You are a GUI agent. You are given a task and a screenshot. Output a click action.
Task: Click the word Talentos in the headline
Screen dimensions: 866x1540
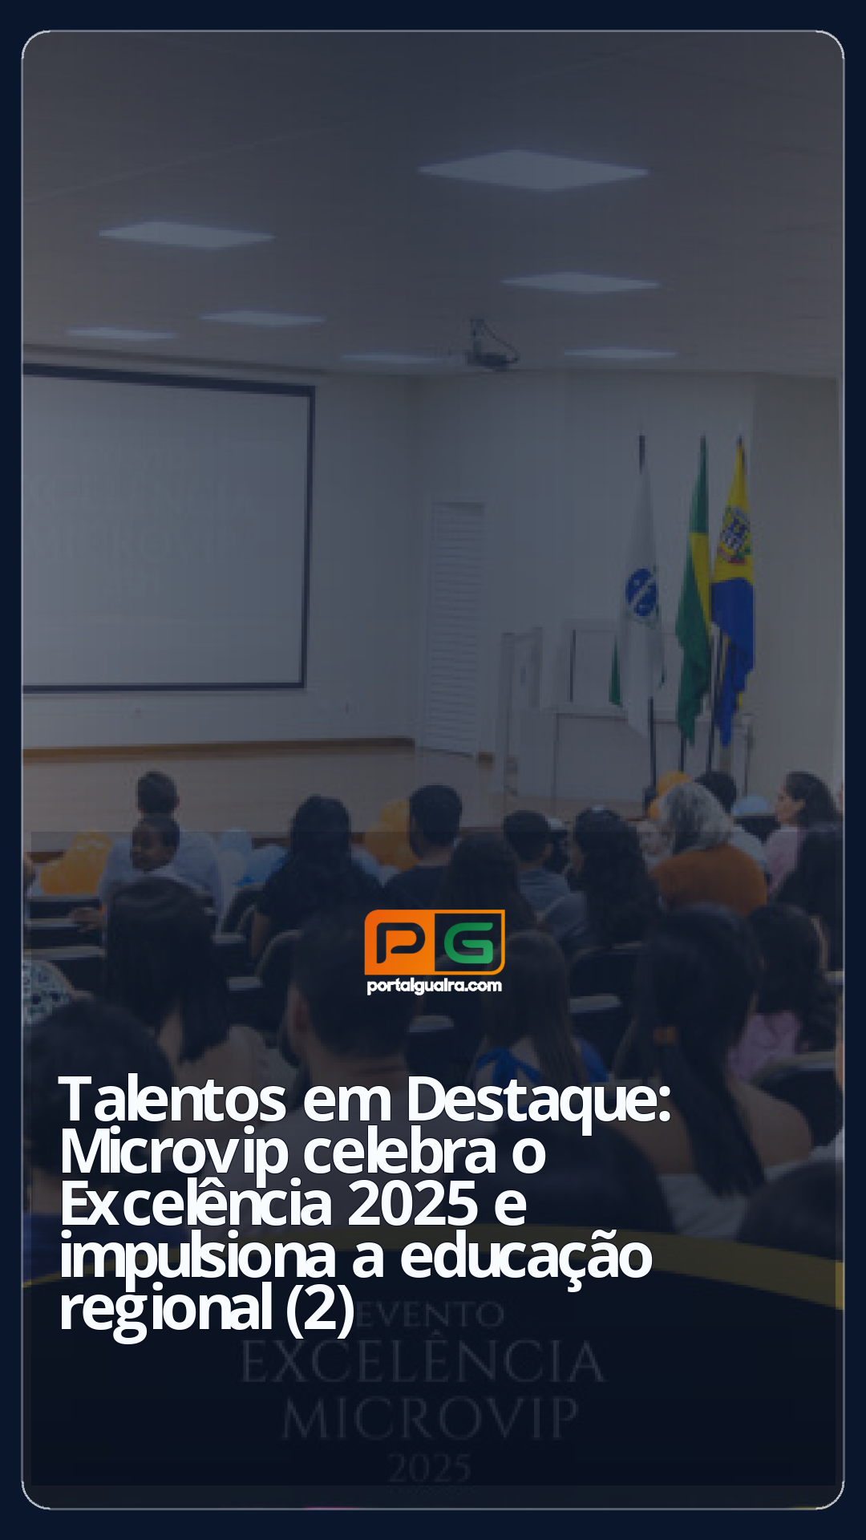point(172,1100)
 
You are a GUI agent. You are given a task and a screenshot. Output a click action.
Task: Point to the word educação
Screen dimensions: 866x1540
point(526,1257)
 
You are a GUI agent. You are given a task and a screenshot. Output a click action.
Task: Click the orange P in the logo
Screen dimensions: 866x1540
point(399,942)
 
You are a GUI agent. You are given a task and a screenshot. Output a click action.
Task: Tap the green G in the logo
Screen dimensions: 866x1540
point(470,942)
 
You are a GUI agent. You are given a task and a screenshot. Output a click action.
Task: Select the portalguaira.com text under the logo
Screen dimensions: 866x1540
point(435,986)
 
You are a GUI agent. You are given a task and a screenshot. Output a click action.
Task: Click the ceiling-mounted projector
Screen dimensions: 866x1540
point(491,347)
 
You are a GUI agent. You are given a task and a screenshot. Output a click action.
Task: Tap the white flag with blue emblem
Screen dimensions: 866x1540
point(641,594)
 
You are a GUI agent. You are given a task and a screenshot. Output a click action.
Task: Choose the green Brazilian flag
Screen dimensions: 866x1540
point(694,594)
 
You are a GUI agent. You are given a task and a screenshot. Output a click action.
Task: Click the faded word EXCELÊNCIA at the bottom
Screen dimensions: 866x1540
point(423,1363)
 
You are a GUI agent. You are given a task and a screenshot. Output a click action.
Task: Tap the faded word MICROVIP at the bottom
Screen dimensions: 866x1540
point(430,1419)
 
